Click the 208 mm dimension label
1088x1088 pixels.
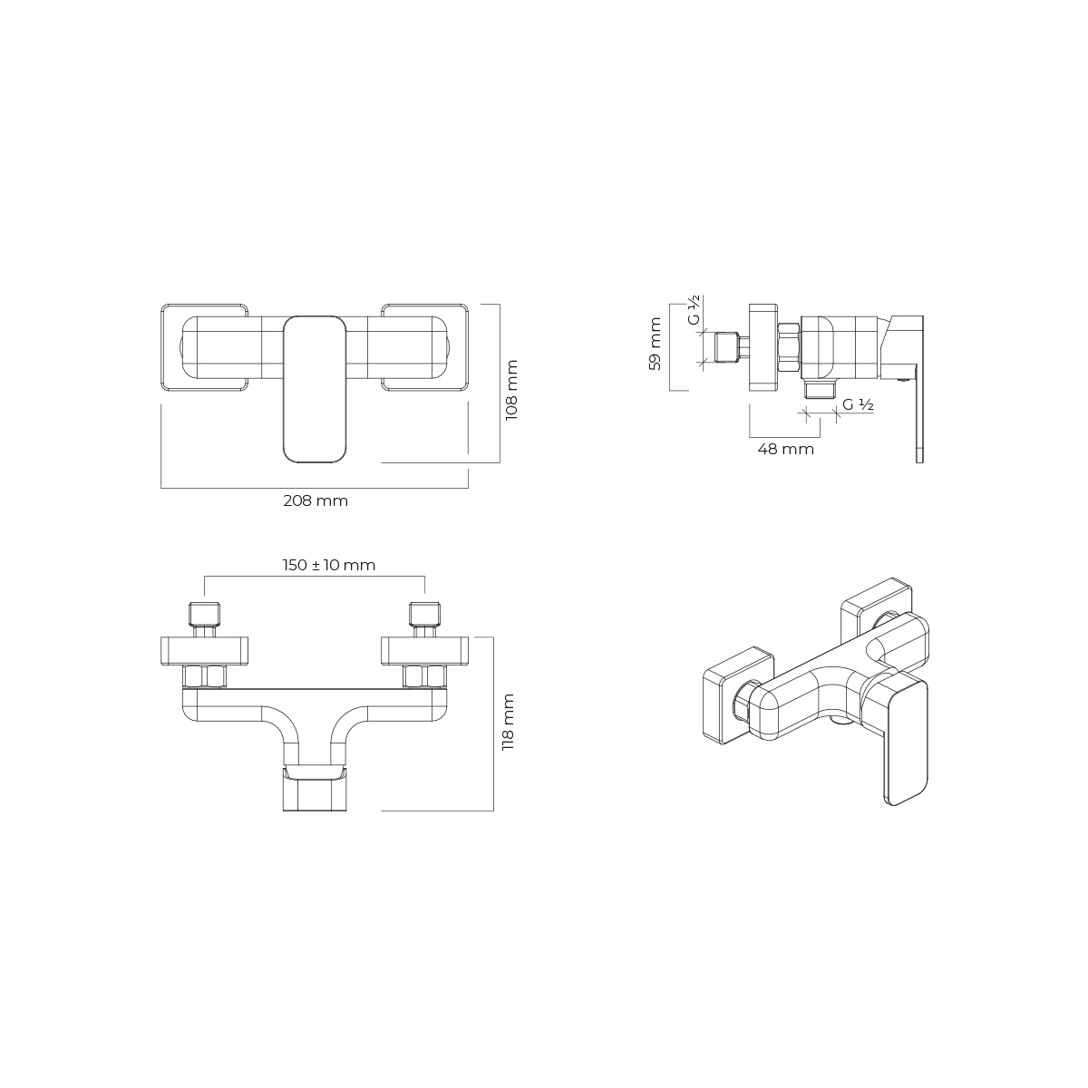point(316,500)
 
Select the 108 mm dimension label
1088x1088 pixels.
point(511,390)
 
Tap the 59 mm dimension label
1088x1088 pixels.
point(655,344)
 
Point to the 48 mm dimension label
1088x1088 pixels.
point(785,450)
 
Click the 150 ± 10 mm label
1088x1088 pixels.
point(328,565)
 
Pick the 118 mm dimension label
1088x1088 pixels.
point(509,722)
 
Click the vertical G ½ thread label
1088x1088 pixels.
point(694,309)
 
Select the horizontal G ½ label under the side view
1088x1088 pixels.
point(858,404)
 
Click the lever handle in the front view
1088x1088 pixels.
point(314,389)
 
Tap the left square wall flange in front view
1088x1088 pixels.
point(204,348)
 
